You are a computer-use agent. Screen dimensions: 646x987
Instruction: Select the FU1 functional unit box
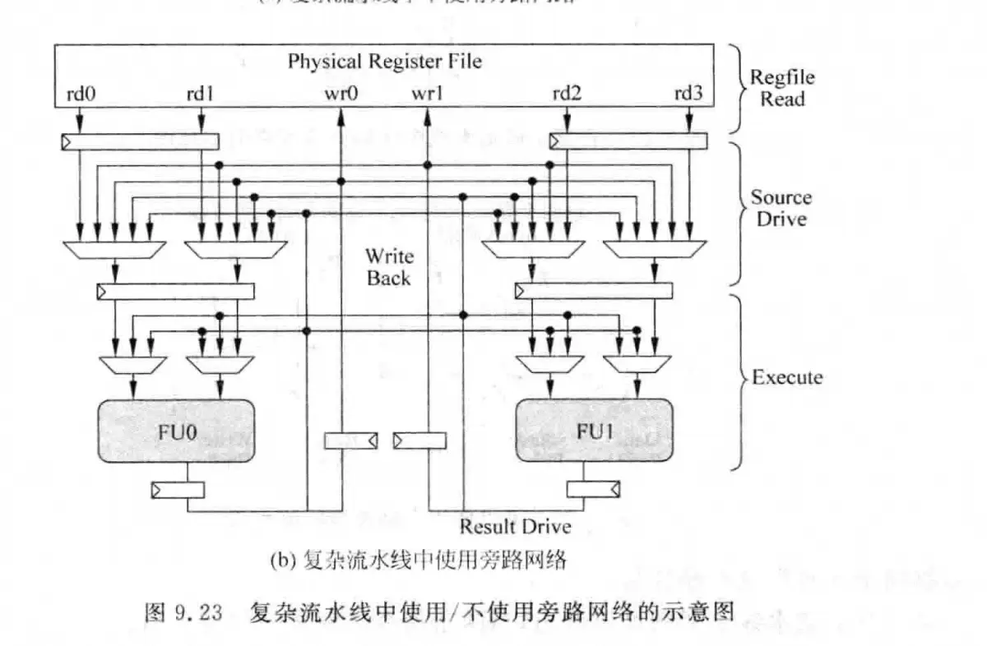[x=591, y=431]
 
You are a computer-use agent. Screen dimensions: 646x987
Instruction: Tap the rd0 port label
[x=80, y=93]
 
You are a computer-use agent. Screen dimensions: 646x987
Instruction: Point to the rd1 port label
[x=200, y=93]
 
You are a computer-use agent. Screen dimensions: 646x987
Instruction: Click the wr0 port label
[x=340, y=93]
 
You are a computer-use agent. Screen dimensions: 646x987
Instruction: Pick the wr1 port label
[x=428, y=93]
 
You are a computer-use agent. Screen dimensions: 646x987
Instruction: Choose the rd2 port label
[x=567, y=93]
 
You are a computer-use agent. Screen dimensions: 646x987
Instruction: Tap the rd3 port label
[x=688, y=93]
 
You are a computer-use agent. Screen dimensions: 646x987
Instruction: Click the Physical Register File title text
[x=384, y=61]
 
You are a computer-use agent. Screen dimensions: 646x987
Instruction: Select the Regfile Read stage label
[x=781, y=88]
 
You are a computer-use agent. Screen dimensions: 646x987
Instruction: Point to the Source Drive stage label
[x=781, y=208]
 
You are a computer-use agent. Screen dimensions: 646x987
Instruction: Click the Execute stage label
[x=787, y=377]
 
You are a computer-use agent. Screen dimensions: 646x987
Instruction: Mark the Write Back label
[x=390, y=267]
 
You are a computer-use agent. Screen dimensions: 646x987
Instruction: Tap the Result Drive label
[x=515, y=526]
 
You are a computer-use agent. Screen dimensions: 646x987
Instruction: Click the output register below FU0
[x=177, y=490]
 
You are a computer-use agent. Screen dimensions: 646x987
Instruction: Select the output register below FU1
[x=593, y=490]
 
